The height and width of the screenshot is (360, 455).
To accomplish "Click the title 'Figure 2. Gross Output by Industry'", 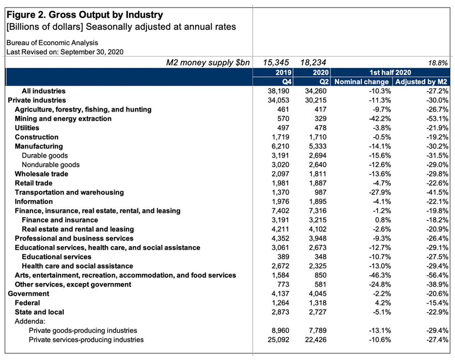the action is [x=85, y=15].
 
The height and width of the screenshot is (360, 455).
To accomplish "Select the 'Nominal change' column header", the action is [x=361, y=82].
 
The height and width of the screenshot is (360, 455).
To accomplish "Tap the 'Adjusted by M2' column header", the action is [x=421, y=82].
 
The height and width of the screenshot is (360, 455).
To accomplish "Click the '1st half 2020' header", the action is [x=390, y=73].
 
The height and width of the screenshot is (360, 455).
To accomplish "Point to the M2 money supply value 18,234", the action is [x=313, y=62].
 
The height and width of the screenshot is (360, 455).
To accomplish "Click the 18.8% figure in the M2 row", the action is [x=438, y=63].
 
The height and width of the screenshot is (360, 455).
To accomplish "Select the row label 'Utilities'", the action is [x=27, y=128].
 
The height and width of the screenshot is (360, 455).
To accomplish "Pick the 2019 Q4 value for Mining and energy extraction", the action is [x=283, y=118].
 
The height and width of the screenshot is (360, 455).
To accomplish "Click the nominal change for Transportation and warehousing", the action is [x=380, y=192].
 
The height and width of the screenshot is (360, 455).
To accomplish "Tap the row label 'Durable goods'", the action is [x=44, y=155].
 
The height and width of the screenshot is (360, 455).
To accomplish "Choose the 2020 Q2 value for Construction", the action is [x=317, y=137].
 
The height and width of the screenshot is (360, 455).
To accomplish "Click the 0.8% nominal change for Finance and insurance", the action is [x=383, y=220].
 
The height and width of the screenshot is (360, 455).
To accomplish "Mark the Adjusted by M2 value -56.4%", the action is [x=437, y=275].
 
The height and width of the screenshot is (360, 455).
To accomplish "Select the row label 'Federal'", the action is [x=27, y=303].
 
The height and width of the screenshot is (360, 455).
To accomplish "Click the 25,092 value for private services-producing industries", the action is [x=278, y=340].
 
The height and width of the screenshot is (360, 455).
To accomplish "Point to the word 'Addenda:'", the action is [x=30, y=321].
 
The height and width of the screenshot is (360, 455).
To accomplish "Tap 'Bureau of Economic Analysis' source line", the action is [x=52, y=42].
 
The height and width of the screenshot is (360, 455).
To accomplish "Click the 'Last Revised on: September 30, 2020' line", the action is [x=65, y=52].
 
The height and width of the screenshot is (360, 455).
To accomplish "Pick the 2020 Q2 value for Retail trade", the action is [x=317, y=183].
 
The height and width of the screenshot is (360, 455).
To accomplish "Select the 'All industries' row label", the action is [x=43, y=91].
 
